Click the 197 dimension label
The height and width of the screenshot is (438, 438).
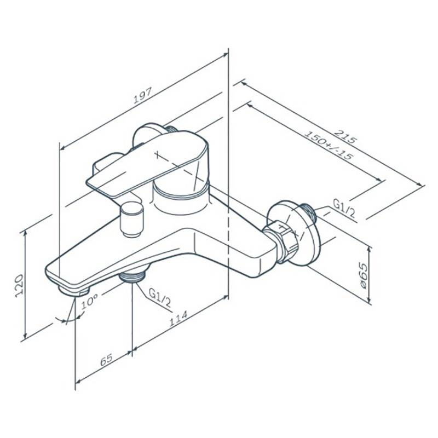(143, 95)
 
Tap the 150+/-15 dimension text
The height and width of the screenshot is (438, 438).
(327, 146)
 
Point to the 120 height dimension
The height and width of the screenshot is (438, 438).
(19, 285)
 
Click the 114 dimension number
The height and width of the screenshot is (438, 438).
(178, 319)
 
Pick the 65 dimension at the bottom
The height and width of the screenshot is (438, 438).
(106, 360)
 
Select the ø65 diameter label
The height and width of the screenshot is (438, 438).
(363, 276)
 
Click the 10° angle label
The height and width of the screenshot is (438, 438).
(89, 302)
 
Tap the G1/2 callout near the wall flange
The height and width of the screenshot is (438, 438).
(344, 208)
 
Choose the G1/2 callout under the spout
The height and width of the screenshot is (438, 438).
(160, 298)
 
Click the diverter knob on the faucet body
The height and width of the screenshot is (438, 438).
(131, 220)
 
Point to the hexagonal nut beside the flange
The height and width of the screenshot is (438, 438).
(281, 241)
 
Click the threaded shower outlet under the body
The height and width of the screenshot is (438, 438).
(132, 276)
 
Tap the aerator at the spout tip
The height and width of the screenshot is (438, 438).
(73, 291)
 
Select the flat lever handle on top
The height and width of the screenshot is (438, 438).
(147, 163)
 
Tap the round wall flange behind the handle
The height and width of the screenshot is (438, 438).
(151, 137)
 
